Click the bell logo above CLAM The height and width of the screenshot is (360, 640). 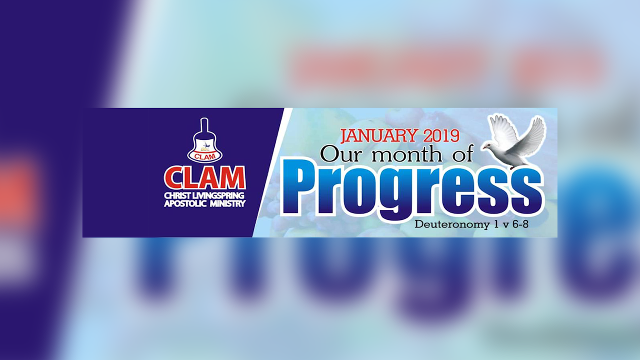(x=204, y=141)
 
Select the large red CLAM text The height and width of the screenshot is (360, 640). (x=205, y=177)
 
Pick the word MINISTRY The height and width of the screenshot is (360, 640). (x=228, y=203)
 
